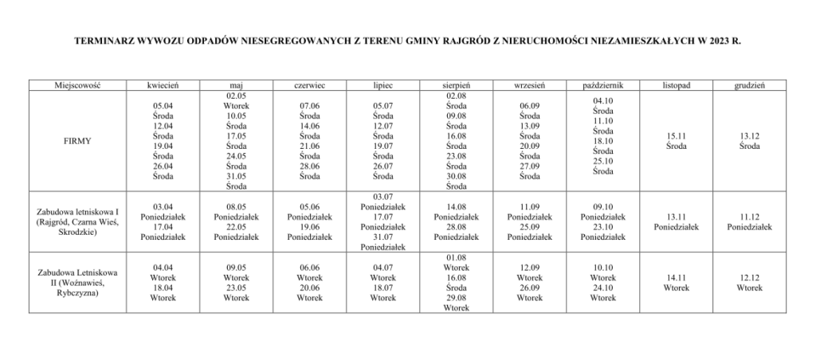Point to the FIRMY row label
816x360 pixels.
(x=78, y=140)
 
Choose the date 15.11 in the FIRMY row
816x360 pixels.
(x=676, y=136)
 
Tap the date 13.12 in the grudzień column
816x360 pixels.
(x=750, y=136)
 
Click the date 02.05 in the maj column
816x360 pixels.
(x=236, y=95)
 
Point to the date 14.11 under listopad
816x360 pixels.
(x=676, y=278)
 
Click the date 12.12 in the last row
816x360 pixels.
(x=750, y=278)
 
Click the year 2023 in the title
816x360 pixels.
(x=715, y=38)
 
